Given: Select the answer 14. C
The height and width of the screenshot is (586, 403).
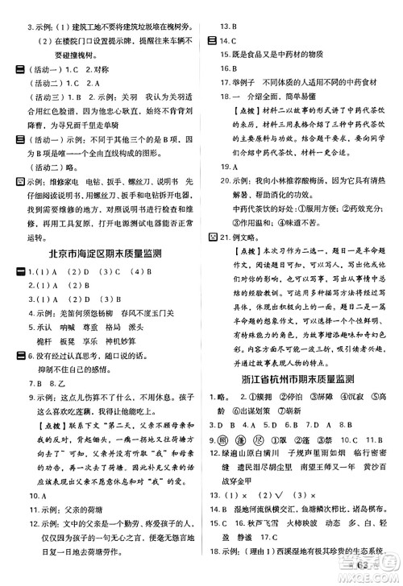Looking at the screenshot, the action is click(226, 39).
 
